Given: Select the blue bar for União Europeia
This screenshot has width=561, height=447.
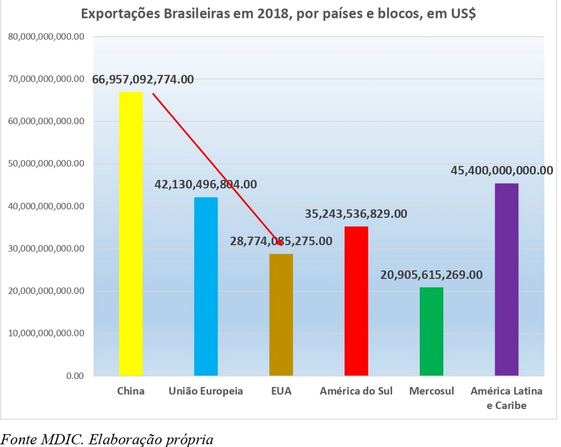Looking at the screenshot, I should pos(206,286).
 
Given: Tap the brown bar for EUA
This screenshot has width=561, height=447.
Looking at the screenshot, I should pos(281,314).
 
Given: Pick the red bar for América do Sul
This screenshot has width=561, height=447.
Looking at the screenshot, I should pos(356,300).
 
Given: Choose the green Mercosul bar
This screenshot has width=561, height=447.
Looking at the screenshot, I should pos(431,331).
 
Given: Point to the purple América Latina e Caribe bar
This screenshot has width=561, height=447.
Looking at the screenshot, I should pos(507,279).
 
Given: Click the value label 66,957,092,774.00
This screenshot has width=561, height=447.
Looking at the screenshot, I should pos(143,79).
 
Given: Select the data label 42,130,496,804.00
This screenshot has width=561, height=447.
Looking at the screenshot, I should pos(206,184).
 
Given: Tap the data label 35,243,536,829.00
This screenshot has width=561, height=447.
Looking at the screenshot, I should pos(356,213).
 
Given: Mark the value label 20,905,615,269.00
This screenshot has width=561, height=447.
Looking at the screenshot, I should pos(431,275).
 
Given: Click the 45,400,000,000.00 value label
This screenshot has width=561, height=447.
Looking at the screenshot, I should pos(502,170).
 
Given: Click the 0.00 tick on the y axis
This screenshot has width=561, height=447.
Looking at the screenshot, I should pos(75,376).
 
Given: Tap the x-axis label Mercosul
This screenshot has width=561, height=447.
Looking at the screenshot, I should pos(431,391).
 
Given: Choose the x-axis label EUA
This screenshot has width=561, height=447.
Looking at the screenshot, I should pos(281,391).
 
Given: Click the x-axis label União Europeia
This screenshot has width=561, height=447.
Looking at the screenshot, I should pos(206,391).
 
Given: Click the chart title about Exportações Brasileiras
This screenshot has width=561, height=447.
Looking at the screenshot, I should pos(279,14).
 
